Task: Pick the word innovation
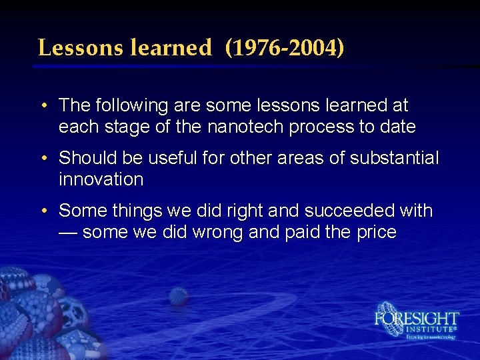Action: coord(101,179)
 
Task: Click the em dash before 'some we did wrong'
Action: coord(68,231)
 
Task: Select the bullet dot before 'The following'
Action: coord(43,106)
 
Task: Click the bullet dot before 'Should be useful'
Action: coord(43,159)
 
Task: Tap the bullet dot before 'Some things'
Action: coord(43,211)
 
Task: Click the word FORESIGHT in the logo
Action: coord(417,318)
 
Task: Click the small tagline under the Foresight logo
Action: coord(431,337)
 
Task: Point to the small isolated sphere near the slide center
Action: coord(178,296)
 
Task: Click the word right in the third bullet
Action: coord(244,211)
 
